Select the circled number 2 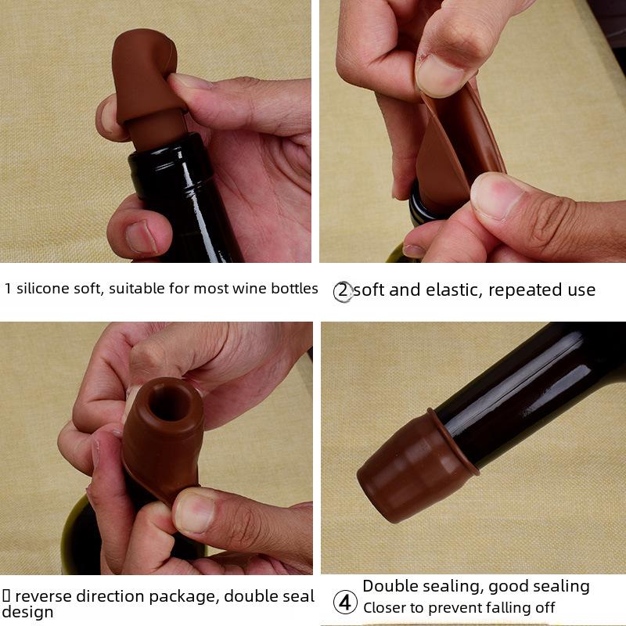click(343, 291)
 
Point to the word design click(27, 612)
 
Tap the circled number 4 click(345, 602)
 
